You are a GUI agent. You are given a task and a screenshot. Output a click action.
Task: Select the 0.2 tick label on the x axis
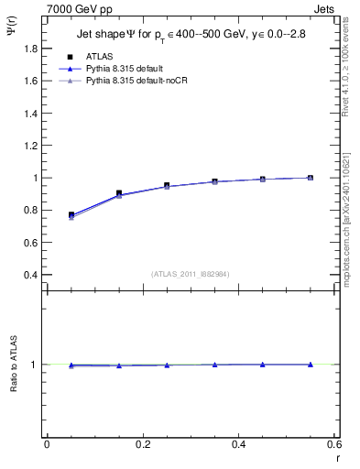click(x=143, y=445)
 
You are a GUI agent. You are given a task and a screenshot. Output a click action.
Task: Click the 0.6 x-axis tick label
click(x=334, y=445)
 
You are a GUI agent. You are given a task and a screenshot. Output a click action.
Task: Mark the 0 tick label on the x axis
click(x=47, y=445)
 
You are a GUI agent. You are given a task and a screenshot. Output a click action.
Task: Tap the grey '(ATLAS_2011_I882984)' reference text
click(x=191, y=273)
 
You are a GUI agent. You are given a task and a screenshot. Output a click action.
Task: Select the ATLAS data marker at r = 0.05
click(x=71, y=214)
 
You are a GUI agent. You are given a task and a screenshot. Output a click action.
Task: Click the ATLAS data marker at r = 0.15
click(x=119, y=193)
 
